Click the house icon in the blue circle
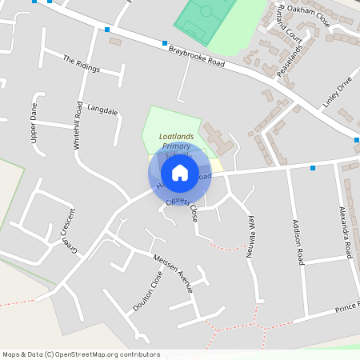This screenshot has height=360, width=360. click(179, 173)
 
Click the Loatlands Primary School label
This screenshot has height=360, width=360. click(177, 142)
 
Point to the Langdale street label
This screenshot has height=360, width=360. click(102, 110)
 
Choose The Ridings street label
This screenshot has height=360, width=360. click(81, 64)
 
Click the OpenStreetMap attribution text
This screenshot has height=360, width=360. click(80, 354)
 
